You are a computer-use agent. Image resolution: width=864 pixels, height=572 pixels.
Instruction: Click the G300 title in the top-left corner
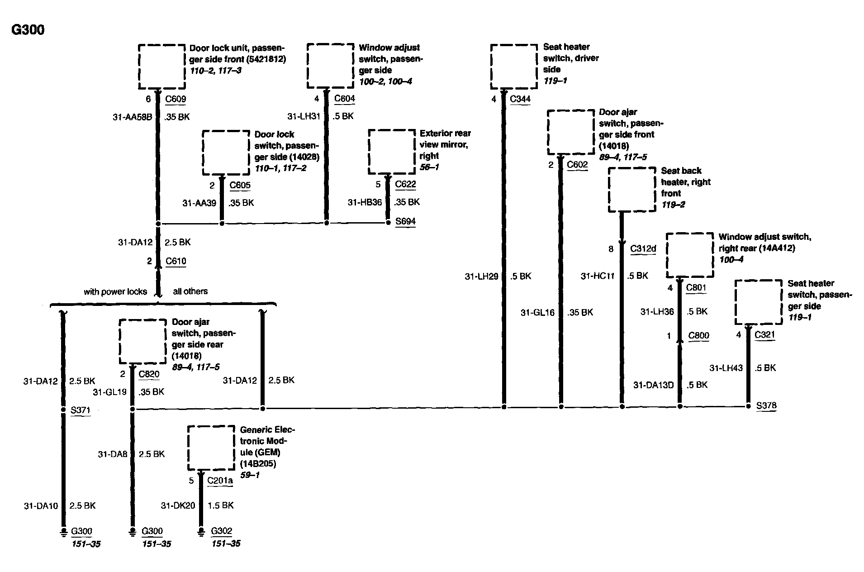tap(28, 30)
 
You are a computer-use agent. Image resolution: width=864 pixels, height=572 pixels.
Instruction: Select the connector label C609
tap(176, 99)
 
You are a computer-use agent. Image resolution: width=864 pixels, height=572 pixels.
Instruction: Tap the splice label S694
tap(405, 221)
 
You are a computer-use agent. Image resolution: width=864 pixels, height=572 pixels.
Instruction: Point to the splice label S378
tap(766, 405)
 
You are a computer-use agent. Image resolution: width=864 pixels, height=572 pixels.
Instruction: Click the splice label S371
tap(81, 410)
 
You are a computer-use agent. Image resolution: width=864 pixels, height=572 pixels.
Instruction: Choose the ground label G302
tap(221, 531)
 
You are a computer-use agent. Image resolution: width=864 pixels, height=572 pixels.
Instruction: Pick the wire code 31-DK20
tap(178, 505)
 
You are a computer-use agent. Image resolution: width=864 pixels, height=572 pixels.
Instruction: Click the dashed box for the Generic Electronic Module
tap(211, 448)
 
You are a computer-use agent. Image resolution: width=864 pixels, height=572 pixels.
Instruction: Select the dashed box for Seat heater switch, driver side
tap(514, 67)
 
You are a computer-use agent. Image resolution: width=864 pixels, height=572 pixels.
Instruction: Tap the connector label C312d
tap(643, 249)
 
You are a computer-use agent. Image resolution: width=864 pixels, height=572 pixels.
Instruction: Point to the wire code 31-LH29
tap(481, 276)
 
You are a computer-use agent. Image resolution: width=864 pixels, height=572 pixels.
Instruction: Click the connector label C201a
tap(220, 481)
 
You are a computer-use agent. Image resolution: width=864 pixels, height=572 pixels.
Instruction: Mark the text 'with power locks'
tap(115, 292)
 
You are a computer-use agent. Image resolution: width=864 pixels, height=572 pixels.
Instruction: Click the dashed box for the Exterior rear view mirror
tap(392, 152)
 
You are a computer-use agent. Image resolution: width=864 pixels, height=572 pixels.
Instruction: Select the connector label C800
tap(698, 336)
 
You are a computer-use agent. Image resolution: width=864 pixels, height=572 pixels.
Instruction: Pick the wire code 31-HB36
tap(365, 202)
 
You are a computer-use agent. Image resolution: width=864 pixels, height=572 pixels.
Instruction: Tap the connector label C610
tap(176, 261)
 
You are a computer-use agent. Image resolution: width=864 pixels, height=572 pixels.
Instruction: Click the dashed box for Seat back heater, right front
tap(632, 190)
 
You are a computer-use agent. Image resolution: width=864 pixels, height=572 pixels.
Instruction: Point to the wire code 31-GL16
tap(537, 312)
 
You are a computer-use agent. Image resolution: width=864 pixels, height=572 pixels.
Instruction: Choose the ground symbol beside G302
tap(201, 532)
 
